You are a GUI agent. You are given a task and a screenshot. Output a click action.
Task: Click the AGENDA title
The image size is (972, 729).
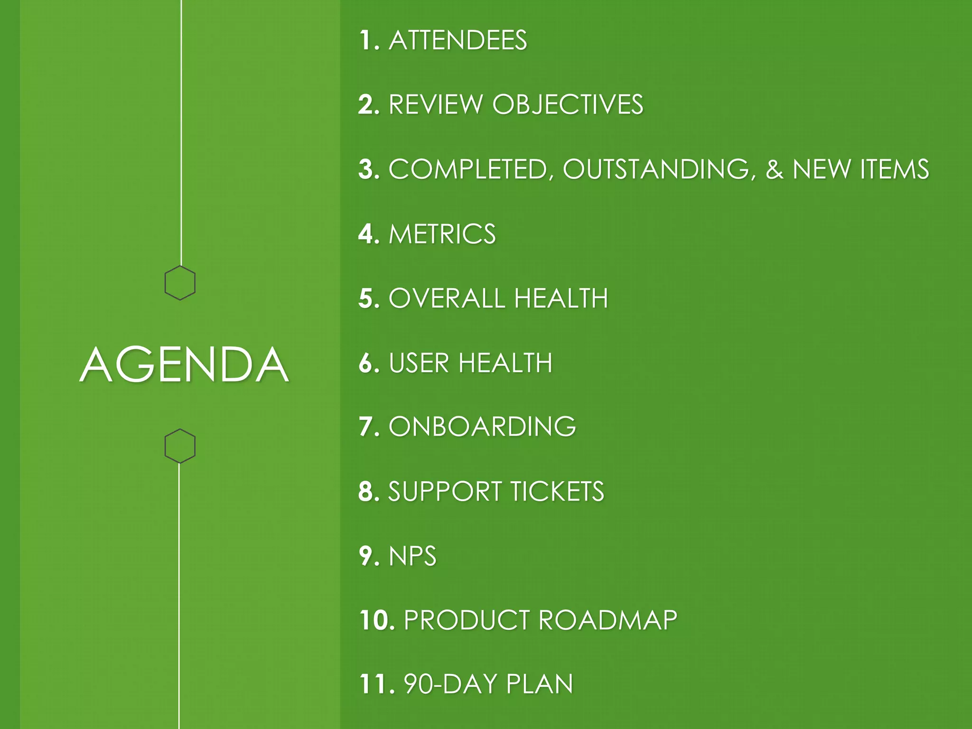point(184,364)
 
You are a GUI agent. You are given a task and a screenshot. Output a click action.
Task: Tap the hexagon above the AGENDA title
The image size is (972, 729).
point(180,283)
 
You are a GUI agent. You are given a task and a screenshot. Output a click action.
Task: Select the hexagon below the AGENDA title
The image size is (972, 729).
point(180,446)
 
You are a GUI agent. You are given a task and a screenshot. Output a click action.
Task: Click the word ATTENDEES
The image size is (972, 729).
point(458,40)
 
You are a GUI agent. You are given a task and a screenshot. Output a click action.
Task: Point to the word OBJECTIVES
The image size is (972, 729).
point(568,104)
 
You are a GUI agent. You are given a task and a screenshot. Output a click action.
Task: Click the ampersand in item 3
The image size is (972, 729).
point(774,169)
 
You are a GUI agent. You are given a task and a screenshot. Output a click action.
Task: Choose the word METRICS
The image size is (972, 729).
point(442,234)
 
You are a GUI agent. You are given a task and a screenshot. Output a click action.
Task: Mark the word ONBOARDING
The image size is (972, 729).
point(482,427)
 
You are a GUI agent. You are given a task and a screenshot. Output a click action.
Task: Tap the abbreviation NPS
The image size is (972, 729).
point(412,556)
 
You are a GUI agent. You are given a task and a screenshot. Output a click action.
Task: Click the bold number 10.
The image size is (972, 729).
point(376,620)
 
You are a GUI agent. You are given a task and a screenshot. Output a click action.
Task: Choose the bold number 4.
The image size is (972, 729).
point(368,234)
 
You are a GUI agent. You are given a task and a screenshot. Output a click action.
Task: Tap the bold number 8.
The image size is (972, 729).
point(368,491)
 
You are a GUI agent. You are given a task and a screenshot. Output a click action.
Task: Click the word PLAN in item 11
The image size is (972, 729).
point(539,684)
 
